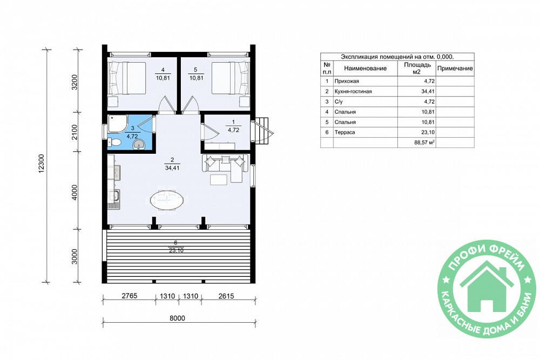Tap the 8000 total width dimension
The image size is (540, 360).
(177, 318)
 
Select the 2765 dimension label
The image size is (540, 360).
(129, 296)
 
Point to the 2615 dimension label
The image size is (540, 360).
(226, 296)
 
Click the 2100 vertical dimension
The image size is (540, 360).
(75, 132)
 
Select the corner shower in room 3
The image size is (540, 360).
(118, 124)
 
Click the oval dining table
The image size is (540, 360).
(167, 200)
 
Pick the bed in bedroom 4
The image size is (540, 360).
(127, 78)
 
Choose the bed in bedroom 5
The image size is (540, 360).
(230, 78)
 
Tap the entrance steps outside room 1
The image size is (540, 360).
(263, 132)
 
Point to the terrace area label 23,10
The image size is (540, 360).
(176, 250)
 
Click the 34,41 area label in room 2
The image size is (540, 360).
(172, 168)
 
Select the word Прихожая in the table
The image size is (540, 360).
(347, 81)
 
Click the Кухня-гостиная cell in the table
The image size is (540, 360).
(353, 92)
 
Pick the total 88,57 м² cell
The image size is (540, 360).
(424, 142)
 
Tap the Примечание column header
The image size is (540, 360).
(455, 69)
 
